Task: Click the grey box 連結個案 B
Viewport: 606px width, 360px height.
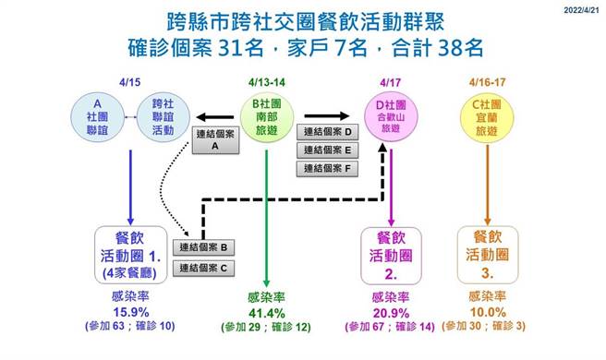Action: [x=208, y=246]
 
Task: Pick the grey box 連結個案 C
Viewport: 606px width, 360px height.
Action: [x=208, y=268]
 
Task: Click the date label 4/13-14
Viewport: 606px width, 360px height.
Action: [x=268, y=82]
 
